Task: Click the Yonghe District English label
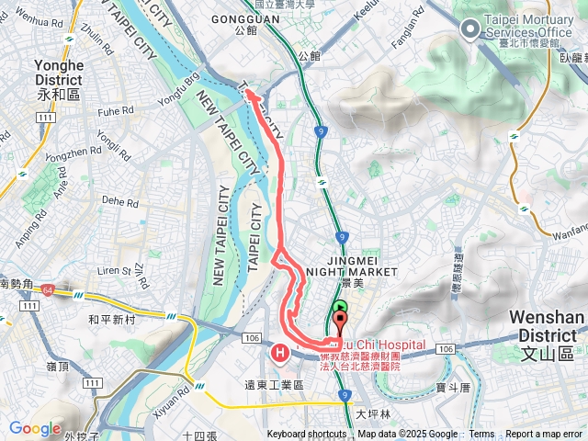(x=58, y=73)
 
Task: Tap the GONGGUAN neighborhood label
(x=244, y=17)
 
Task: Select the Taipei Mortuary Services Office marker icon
(x=470, y=30)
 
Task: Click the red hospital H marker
(x=280, y=352)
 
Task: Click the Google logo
(x=35, y=428)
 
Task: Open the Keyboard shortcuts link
(x=307, y=435)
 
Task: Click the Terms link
(x=481, y=435)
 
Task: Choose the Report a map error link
(x=545, y=435)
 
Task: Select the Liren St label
(x=115, y=271)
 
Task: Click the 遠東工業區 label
(x=274, y=385)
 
